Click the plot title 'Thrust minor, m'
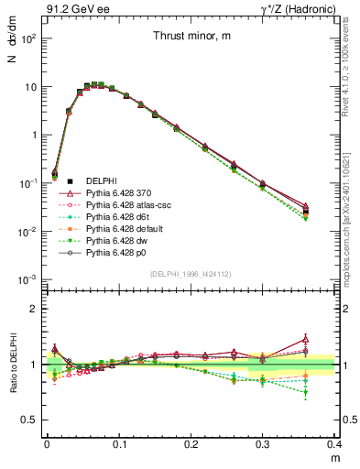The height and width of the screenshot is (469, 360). click(190, 36)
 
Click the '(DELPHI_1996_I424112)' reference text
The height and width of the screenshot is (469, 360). click(190, 274)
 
